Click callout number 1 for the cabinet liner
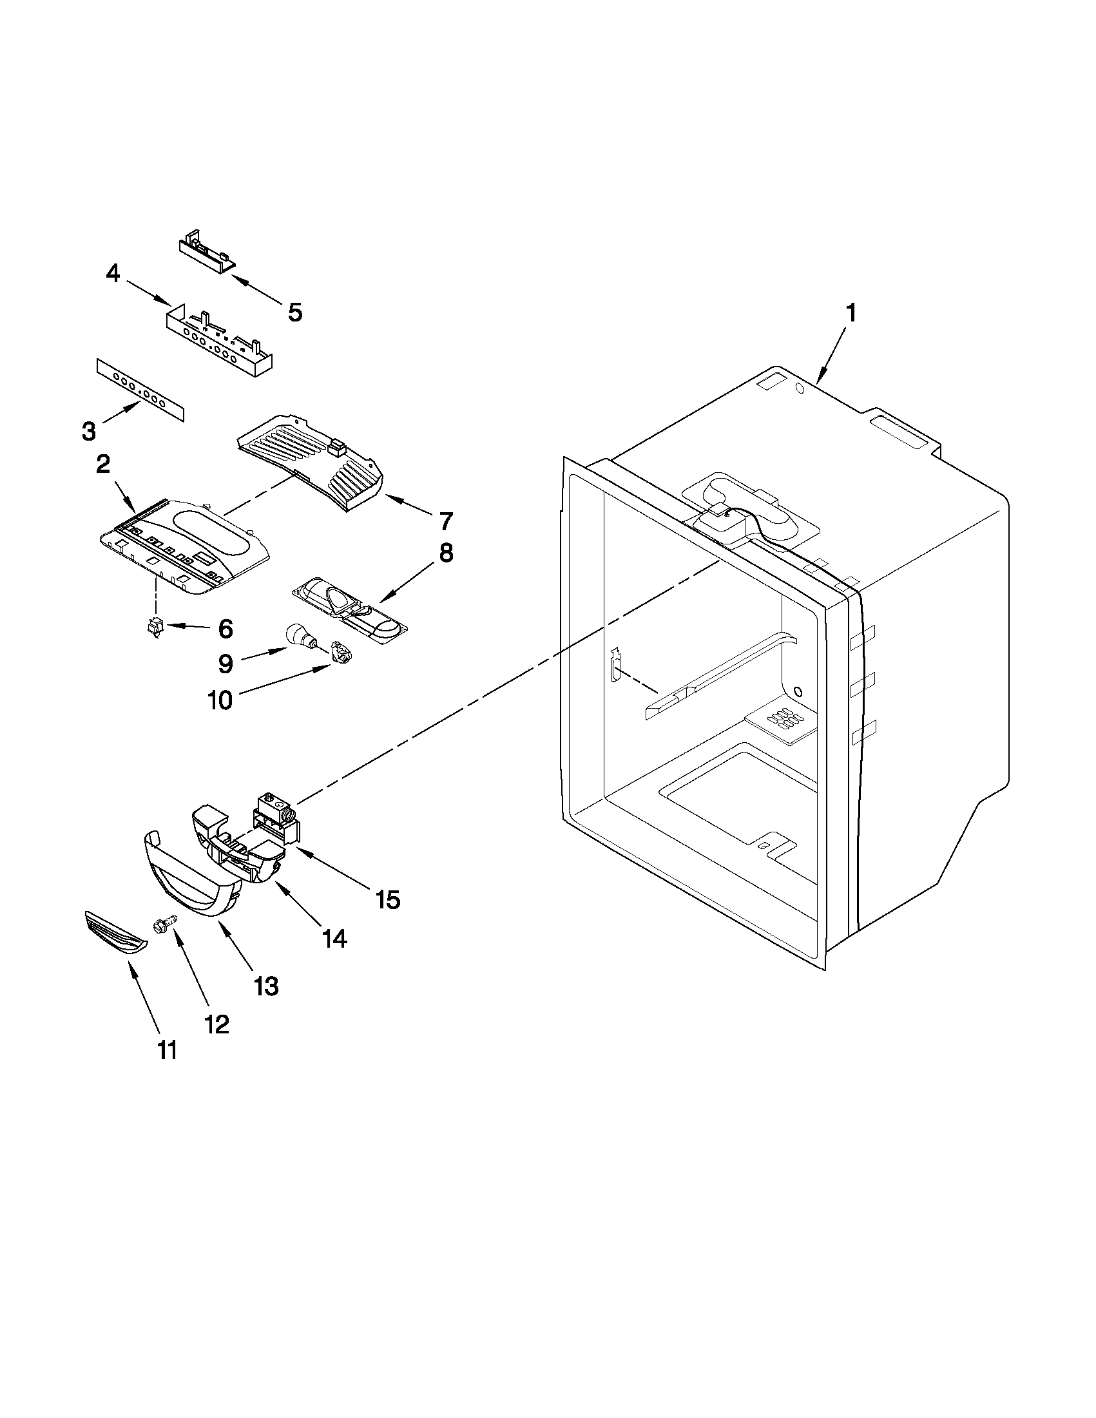[851, 314]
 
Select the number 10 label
[220, 700]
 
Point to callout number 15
[387, 899]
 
